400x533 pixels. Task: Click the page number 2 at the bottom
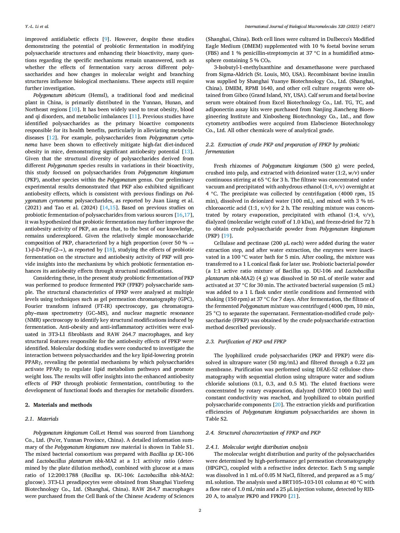(x=200, y=510)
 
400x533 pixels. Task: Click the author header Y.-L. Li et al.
(x=37, y=26)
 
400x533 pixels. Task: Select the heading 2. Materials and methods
(x=58, y=405)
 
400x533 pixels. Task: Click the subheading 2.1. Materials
(x=42, y=419)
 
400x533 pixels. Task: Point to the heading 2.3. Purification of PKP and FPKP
(x=246, y=341)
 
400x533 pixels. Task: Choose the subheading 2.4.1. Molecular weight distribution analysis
(x=256, y=447)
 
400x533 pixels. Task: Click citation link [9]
(x=106, y=39)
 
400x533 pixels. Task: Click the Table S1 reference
(x=183, y=447)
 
